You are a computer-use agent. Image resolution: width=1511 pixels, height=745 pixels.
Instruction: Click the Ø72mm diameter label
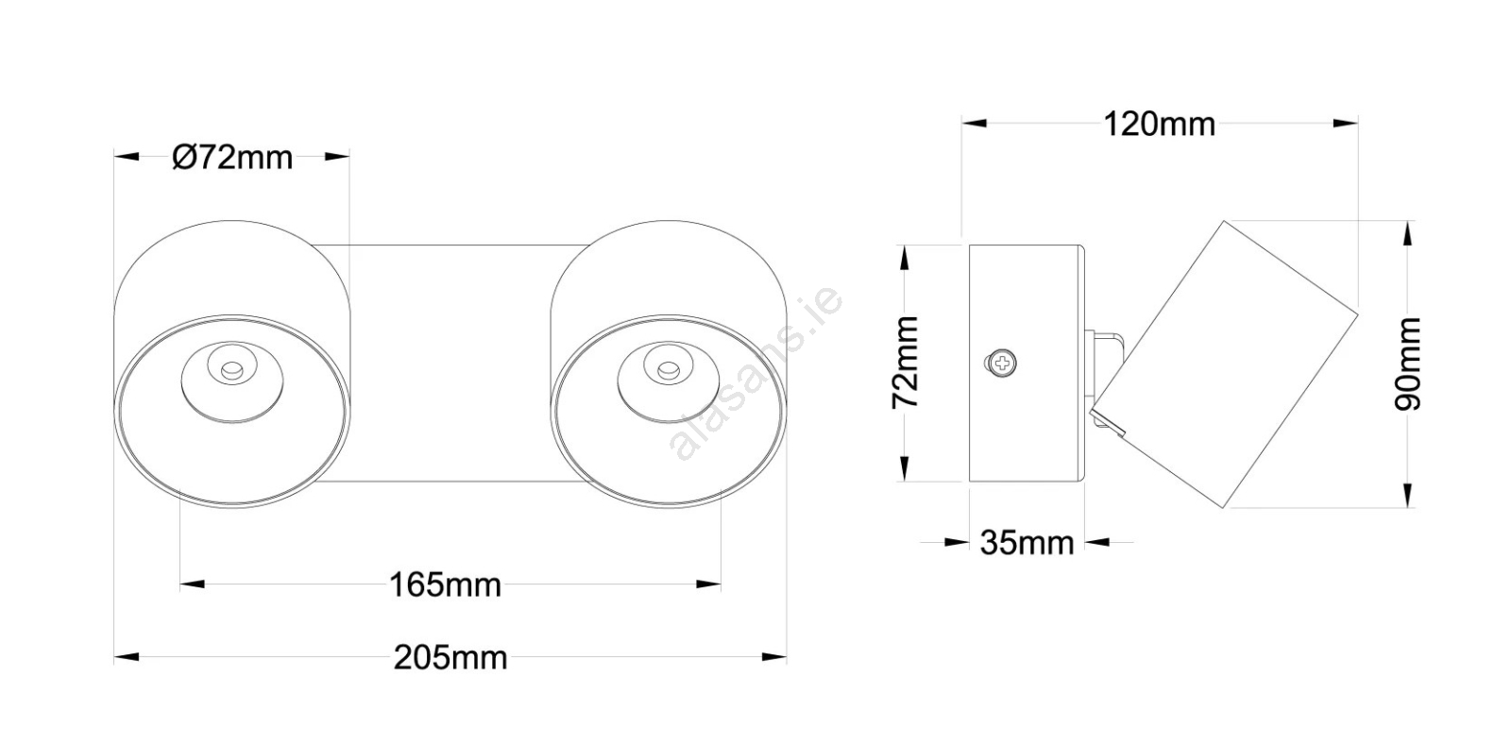(232, 158)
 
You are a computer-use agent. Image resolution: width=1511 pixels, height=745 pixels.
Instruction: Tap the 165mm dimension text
(445, 585)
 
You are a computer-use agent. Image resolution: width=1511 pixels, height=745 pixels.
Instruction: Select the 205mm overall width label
(450, 657)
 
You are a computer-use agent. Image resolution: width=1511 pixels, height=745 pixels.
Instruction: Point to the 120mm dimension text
(1160, 125)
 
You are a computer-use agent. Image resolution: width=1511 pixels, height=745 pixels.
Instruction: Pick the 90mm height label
(1408, 364)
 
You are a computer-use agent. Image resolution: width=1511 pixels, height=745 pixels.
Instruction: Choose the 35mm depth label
(1027, 543)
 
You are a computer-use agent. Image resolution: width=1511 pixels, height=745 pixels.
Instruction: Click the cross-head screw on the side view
(1002, 364)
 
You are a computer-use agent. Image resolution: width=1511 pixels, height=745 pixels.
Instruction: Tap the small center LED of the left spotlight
(231, 369)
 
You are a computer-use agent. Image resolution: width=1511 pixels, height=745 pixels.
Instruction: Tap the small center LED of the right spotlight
(668, 369)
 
